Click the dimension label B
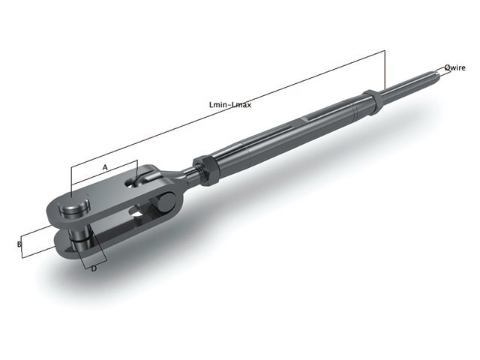(x=19, y=244)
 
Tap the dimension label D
(x=94, y=268)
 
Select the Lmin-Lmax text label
(x=229, y=105)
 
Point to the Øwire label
(x=454, y=67)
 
